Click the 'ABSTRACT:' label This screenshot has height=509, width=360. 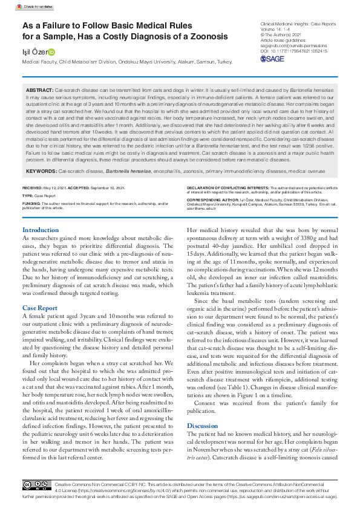40,89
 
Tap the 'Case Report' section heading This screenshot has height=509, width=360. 40,308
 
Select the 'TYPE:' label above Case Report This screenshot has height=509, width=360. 28,196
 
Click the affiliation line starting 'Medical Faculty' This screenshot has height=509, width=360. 127,62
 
